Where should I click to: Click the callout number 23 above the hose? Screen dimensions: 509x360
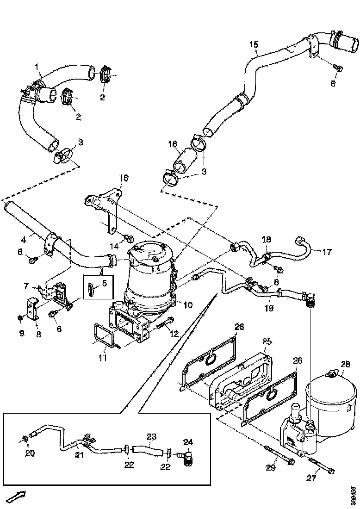151,436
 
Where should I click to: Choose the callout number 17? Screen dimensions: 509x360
327,252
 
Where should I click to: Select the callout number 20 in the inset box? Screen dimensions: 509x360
30,453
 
